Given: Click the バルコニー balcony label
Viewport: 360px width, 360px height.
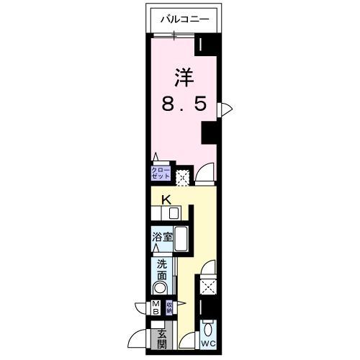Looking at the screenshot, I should [x=184, y=21].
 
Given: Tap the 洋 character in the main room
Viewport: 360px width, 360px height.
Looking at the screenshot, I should [x=183, y=76].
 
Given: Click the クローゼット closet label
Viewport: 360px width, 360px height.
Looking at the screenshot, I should [x=160, y=174].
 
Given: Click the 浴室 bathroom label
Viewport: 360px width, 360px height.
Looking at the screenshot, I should [x=161, y=236].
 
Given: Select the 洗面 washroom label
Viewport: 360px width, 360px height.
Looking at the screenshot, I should [x=162, y=269].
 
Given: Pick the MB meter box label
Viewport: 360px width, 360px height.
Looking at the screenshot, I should [x=156, y=308].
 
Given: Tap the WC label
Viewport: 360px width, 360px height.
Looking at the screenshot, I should [x=209, y=344].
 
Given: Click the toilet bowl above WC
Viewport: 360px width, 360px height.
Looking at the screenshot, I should [x=209, y=330].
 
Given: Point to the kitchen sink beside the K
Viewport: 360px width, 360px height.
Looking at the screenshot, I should [x=174, y=213].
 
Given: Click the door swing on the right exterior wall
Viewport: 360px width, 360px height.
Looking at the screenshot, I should [x=226, y=108].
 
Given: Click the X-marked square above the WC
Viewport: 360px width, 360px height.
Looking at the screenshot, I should [x=209, y=287].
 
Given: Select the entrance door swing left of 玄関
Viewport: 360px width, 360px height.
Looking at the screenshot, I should [x=140, y=338].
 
